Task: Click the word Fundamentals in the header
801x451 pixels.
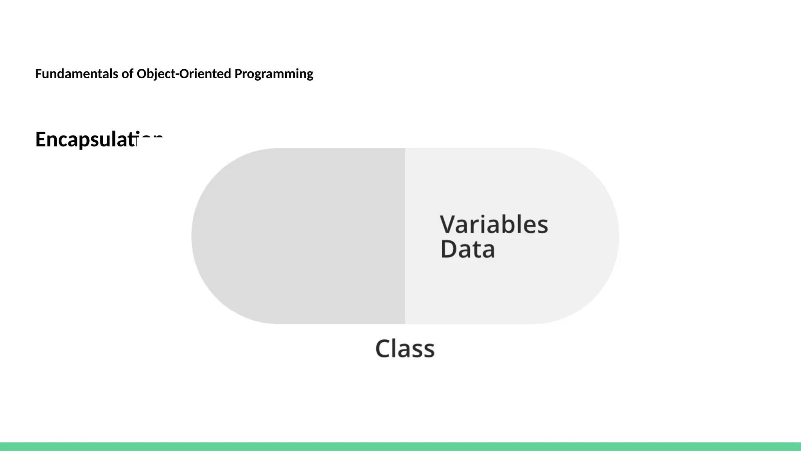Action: (x=77, y=74)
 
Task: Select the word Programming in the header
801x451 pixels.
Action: (x=274, y=74)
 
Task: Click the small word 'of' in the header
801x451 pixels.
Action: (x=127, y=74)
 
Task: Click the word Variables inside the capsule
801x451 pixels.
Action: (x=494, y=225)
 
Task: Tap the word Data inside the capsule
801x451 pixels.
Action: (x=467, y=249)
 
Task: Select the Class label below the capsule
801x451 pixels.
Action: (x=405, y=348)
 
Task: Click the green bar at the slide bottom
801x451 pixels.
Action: (x=400, y=446)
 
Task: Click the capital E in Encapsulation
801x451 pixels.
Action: (x=41, y=139)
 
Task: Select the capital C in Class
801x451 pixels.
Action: (x=383, y=348)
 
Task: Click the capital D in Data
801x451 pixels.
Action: (x=448, y=249)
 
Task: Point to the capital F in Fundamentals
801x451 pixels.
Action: (x=38, y=74)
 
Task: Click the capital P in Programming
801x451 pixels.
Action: (x=238, y=74)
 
